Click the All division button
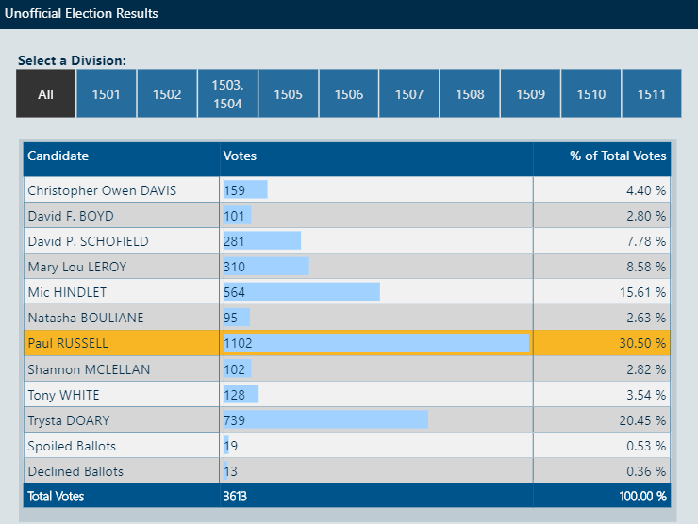[45, 94]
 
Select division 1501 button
[107, 94]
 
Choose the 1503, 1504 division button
[227, 94]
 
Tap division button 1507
[409, 94]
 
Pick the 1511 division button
[651, 94]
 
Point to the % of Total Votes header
[618, 156]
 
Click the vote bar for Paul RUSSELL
[376, 343]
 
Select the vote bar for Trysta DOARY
[325, 419]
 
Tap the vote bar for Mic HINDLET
[301, 292]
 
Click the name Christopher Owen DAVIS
[102, 190]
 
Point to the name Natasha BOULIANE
[86, 318]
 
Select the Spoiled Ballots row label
[72, 445]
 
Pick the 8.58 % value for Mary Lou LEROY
[646, 267]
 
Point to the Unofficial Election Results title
[82, 14]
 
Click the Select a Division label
[72, 60]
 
